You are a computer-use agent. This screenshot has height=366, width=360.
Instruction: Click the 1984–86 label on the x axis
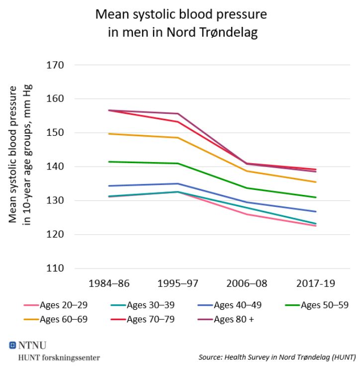point(109,284)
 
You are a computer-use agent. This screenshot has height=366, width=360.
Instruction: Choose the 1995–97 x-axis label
point(178,284)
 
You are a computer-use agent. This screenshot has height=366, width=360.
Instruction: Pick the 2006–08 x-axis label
point(247,284)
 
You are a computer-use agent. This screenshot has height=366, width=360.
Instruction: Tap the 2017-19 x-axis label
point(316,284)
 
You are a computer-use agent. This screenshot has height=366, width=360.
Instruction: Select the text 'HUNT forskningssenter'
point(58,357)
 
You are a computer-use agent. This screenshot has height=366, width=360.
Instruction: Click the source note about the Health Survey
point(277,357)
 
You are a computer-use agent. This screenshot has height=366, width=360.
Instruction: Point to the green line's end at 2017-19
point(316,197)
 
